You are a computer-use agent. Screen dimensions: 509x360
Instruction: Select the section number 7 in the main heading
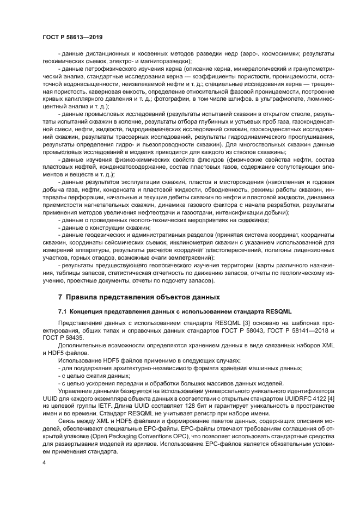pyautogui.click(x=60, y=297)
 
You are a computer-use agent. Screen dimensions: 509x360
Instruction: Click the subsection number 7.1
pyautogui.click(x=63, y=311)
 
